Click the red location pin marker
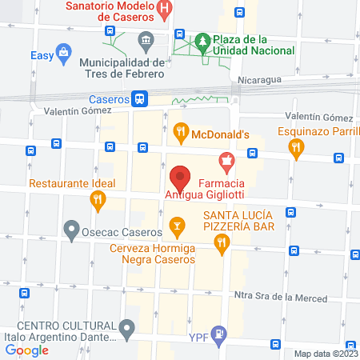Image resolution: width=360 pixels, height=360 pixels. pyautogui.click(x=180, y=177)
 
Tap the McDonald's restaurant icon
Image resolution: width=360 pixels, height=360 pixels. pyautogui.click(x=181, y=130)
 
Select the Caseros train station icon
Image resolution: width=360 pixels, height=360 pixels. pyautogui.click(x=141, y=98)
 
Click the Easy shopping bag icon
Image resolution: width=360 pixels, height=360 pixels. pyautogui.click(x=62, y=54)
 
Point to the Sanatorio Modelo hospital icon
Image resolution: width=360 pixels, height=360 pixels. pyautogui.click(x=164, y=10)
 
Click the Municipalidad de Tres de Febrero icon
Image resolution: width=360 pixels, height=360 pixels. pyautogui.click(x=146, y=39)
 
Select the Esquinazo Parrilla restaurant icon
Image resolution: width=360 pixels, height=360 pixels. pyautogui.click(x=297, y=146)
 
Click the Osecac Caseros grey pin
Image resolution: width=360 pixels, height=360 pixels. pyautogui.click(x=73, y=232)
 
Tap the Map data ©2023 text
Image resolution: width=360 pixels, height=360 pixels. pyautogui.click(x=326, y=354)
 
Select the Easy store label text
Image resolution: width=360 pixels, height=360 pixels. pyautogui.click(x=41, y=55)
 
